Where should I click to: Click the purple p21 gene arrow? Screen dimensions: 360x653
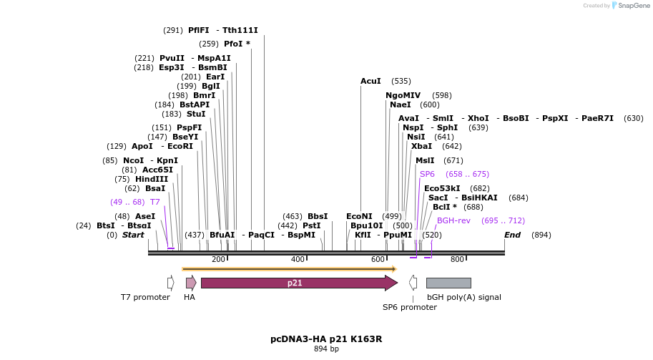298,283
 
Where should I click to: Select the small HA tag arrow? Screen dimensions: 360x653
190,283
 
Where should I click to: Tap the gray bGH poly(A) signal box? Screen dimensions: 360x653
448,283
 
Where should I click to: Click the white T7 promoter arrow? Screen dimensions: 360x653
171,283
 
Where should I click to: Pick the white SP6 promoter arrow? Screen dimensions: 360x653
413,283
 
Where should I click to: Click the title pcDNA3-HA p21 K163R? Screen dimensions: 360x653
326,339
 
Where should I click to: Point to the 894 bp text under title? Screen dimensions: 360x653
326,349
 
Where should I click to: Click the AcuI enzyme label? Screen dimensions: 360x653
370,81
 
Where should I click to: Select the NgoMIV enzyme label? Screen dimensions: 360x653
403,95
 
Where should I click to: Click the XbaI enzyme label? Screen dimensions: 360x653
421,146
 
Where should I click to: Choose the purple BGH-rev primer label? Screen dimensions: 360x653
453,220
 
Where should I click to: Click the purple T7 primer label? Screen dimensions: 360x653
154,202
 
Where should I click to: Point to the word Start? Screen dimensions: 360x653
133,235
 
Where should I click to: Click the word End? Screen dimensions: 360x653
512,235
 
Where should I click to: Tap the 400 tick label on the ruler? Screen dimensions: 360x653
298,259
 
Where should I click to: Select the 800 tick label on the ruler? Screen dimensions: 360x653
457,259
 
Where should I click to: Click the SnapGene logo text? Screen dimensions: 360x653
632,6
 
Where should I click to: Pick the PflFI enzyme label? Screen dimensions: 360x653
198,30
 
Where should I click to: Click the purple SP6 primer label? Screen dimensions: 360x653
427,174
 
